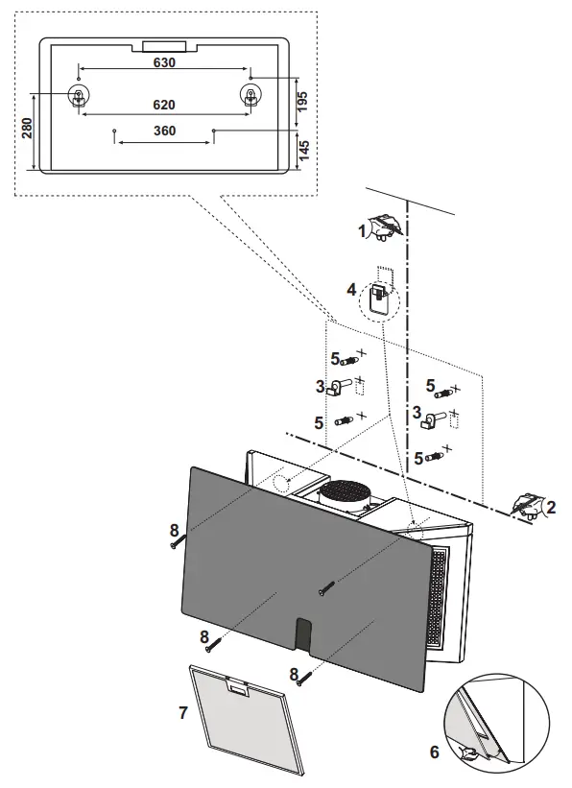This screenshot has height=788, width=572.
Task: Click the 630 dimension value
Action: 164,62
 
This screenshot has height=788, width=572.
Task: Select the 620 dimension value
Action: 164,104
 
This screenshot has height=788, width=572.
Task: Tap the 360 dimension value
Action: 164,131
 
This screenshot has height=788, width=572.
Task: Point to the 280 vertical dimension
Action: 27,128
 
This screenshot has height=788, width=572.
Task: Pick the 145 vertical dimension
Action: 303,149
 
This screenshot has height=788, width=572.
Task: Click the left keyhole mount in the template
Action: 77,95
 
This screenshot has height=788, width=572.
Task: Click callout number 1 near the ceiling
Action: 363,230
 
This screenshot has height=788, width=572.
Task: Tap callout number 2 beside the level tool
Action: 550,506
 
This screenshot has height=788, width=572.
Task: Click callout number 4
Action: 352,288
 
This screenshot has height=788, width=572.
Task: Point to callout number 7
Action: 182,712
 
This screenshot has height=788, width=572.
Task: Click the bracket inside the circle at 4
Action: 381,293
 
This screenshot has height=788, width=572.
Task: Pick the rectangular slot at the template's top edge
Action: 165,44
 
